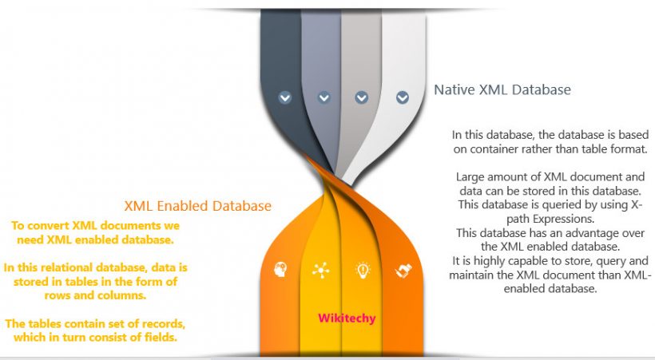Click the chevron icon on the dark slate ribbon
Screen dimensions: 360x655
point(285,97)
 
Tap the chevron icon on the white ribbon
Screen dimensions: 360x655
point(402,97)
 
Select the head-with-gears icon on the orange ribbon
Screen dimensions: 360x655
point(280,269)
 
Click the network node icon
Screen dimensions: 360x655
point(321,270)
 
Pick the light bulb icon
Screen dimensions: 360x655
point(362,270)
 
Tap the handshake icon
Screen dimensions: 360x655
point(403,270)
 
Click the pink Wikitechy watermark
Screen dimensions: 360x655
point(347,318)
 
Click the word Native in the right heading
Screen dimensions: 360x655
point(453,90)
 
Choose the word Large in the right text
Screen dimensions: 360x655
point(471,176)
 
